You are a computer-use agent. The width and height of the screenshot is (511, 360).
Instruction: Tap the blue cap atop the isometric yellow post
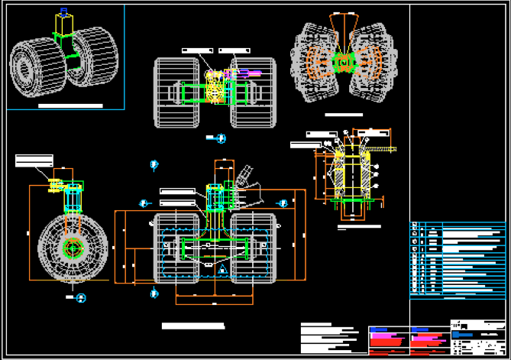point(63,11)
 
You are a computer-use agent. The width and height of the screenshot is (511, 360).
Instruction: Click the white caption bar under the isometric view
point(70,105)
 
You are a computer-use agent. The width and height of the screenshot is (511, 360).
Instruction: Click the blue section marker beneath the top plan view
point(221,138)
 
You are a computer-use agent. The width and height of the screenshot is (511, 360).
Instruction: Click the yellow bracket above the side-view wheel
point(54,185)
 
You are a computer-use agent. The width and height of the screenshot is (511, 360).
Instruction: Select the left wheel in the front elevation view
point(177,248)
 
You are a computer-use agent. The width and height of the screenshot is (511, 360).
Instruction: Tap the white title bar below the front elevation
point(194,326)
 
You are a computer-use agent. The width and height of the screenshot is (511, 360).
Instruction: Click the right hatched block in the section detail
point(365,175)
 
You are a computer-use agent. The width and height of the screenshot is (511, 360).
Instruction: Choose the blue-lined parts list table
point(458,258)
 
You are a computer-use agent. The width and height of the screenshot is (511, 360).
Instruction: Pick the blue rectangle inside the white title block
point(461,334)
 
